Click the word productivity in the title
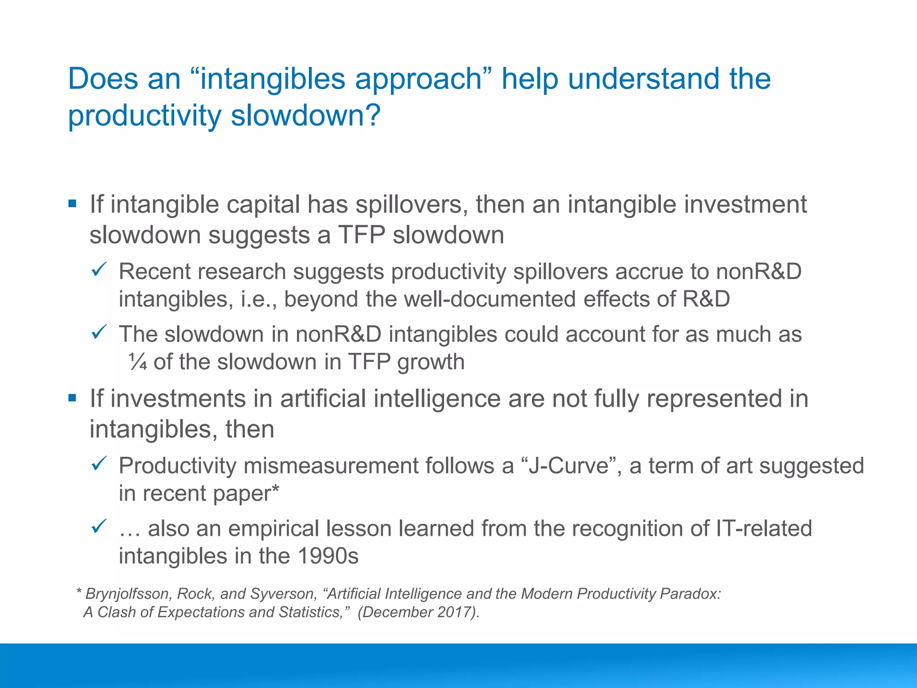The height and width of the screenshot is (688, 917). [x=144, y=116]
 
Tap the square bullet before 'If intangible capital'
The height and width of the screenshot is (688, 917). [x=72, y=204]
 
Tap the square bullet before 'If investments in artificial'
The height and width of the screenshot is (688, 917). [x=72, y=398]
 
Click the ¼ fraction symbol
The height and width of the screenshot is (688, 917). [x=137, y=362]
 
